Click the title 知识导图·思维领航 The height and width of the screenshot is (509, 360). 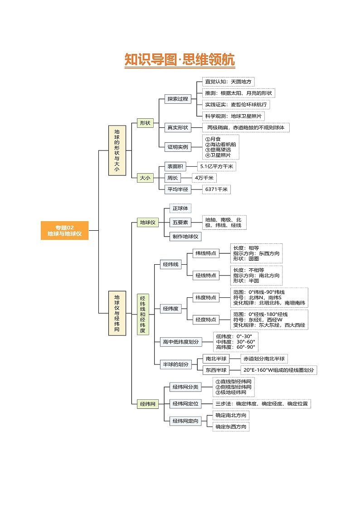point(180,60)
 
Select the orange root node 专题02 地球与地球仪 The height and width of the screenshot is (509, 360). point(64,230)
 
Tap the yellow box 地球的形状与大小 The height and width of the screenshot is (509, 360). point(117,150)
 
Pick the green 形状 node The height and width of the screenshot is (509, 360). point(145,123)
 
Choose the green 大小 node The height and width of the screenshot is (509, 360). point(145,178)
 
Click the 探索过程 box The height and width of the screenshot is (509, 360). point(177,99)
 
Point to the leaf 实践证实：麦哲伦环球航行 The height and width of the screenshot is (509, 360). point(236,105)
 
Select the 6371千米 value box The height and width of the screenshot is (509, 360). point(217,189)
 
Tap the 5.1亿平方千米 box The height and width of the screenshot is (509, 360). point(216,166)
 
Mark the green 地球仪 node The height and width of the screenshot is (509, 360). point(148,223)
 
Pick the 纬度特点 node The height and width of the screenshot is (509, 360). point(206,297)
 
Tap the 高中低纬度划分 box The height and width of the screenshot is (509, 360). point(181,342)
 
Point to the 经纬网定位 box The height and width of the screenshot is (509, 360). point(185,403)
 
